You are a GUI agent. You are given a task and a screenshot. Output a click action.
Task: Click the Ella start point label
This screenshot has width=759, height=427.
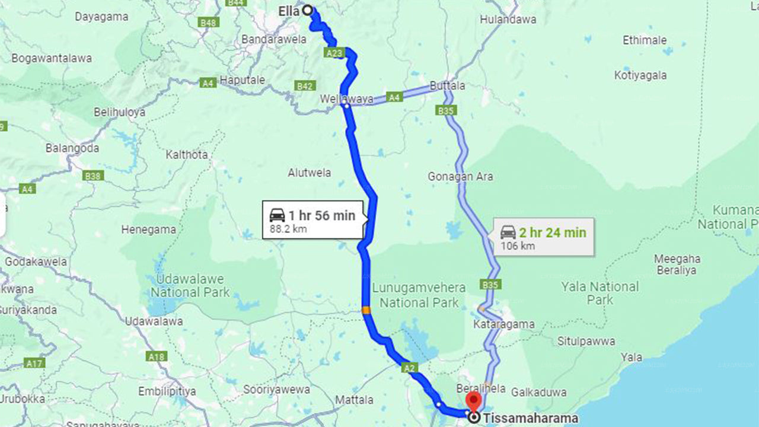coord(289,11)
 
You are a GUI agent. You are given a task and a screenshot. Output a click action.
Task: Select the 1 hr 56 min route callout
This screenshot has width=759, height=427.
coord(314,221)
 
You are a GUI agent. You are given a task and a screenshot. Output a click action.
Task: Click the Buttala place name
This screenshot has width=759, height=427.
coord(447,85)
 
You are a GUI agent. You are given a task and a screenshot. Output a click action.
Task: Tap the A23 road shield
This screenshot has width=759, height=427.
coord(334,53)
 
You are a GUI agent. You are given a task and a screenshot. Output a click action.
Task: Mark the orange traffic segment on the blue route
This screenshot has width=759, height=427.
coord(366,310)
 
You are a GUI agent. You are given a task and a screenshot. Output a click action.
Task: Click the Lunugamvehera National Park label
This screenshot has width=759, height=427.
coord(419,295)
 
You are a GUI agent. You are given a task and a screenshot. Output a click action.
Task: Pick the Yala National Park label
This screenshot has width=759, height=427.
coord(600,293)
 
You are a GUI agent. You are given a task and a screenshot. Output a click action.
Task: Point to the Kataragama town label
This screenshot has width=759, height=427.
coord(503,324)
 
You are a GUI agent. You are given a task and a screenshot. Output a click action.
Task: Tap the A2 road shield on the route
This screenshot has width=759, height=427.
coord(409,368)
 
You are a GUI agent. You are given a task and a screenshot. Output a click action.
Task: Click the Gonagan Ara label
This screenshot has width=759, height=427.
coord(460,176)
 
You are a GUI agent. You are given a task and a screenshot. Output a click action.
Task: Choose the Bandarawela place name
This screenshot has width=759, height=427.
coord(274,40)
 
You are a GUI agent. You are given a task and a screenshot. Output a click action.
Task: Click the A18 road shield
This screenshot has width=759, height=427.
coord(157,356)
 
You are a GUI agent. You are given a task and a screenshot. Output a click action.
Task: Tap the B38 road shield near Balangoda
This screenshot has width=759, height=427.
coord(94,176)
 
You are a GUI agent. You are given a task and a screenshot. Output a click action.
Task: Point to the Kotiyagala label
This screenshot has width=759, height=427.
coord(640,75)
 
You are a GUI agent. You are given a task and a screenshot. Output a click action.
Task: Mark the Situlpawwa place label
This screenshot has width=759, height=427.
coord(586,342)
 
